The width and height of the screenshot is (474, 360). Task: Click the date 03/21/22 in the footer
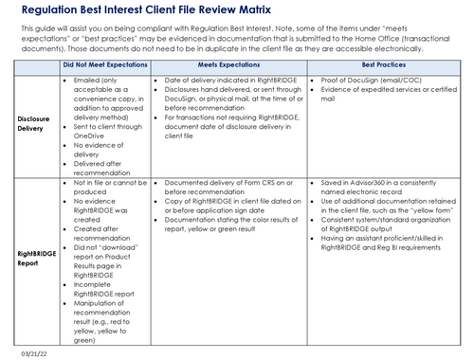pos(25,351)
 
